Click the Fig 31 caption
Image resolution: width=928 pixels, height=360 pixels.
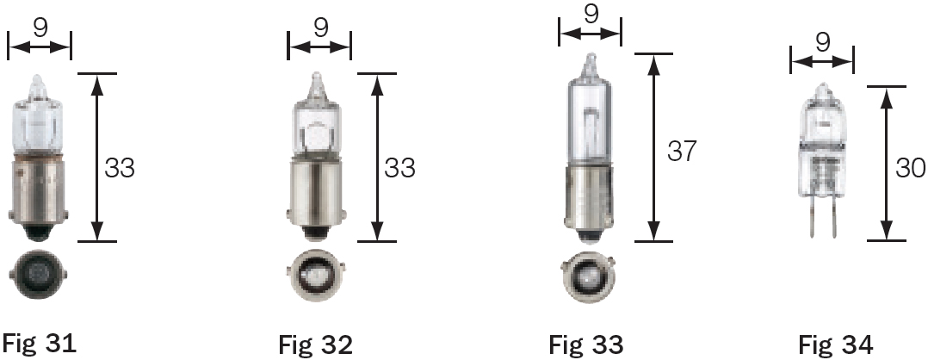point(39,344)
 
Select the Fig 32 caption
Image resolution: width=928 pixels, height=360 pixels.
point(315,344)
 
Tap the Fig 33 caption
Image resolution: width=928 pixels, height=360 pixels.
point(586,344)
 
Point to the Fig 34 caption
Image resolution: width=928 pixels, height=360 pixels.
point(835,344)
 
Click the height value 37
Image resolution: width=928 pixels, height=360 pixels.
point(681,151)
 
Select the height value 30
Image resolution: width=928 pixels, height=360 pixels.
point(910,166)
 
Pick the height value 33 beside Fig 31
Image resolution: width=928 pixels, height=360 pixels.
point(120,167)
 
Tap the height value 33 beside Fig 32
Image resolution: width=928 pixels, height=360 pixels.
point(399,167)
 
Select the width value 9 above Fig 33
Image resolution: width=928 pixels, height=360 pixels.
point(590,15)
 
